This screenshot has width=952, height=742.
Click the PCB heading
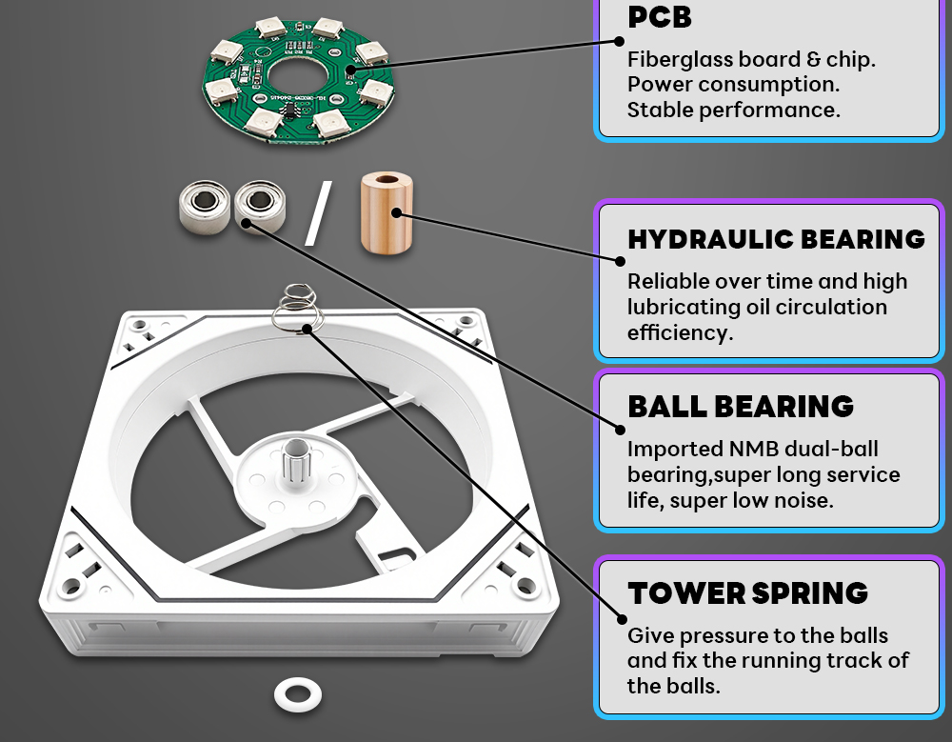660,17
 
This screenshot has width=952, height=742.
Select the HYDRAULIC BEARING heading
777,239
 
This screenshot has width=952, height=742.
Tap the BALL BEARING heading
741,407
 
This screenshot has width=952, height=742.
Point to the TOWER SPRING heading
748,593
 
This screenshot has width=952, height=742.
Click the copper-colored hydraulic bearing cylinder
387,212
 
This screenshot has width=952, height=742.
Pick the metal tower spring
297,308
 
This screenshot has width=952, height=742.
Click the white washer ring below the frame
297,694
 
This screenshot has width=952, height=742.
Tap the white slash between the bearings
318,213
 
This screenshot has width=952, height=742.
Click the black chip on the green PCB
289,109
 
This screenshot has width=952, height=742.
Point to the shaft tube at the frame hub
296,459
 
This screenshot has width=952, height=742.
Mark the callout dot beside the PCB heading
619,41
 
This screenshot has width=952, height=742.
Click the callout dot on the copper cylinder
396,212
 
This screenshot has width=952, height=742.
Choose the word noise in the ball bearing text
802,500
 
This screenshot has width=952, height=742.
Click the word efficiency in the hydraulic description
680,333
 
